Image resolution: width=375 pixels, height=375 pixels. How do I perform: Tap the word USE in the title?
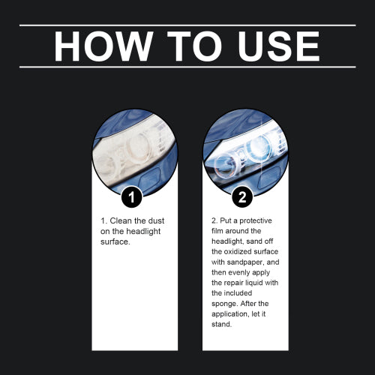(279, 46)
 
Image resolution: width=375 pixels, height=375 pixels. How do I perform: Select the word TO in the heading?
(194, 46)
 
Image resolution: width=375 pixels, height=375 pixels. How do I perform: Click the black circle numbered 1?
(132, 197)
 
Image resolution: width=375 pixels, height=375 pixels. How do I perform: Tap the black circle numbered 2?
(242, 197)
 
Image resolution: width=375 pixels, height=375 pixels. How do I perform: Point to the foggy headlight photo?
(135, 151)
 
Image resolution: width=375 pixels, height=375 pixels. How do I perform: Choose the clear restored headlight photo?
(245, 151)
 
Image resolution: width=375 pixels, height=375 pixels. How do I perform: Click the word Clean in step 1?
(121, 220)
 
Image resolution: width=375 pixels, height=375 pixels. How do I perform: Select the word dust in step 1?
(156, 220)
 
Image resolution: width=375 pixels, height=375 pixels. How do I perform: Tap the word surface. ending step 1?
(115, 241)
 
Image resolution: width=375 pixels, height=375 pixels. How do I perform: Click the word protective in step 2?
(256, 220)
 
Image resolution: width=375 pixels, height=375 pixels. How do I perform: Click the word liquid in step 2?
(255, 283)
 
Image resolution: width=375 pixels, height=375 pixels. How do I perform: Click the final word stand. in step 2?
(222, 324)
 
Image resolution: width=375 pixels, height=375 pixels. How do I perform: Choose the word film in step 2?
(217, 231)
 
